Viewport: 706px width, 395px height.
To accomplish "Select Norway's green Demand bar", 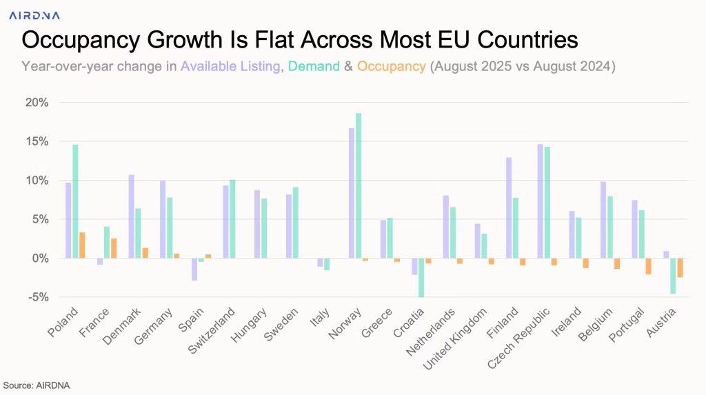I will (359, 185).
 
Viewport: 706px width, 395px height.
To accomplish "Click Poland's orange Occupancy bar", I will (82, 245).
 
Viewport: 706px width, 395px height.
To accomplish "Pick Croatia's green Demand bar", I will (421, 277).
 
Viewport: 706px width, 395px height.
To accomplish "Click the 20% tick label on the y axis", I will (37, 103).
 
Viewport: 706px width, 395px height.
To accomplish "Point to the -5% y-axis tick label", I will (37, 297).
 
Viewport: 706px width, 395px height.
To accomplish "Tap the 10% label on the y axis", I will (37, 181).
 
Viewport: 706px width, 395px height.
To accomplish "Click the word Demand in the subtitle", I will (314, 67).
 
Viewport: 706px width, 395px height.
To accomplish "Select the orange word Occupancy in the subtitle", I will (392, 67).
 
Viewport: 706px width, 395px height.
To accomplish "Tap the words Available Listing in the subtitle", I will (231, 67).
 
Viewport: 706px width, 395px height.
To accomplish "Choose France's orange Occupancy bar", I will (114, 248).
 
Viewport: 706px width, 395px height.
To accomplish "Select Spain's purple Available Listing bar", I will (194, 270).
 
